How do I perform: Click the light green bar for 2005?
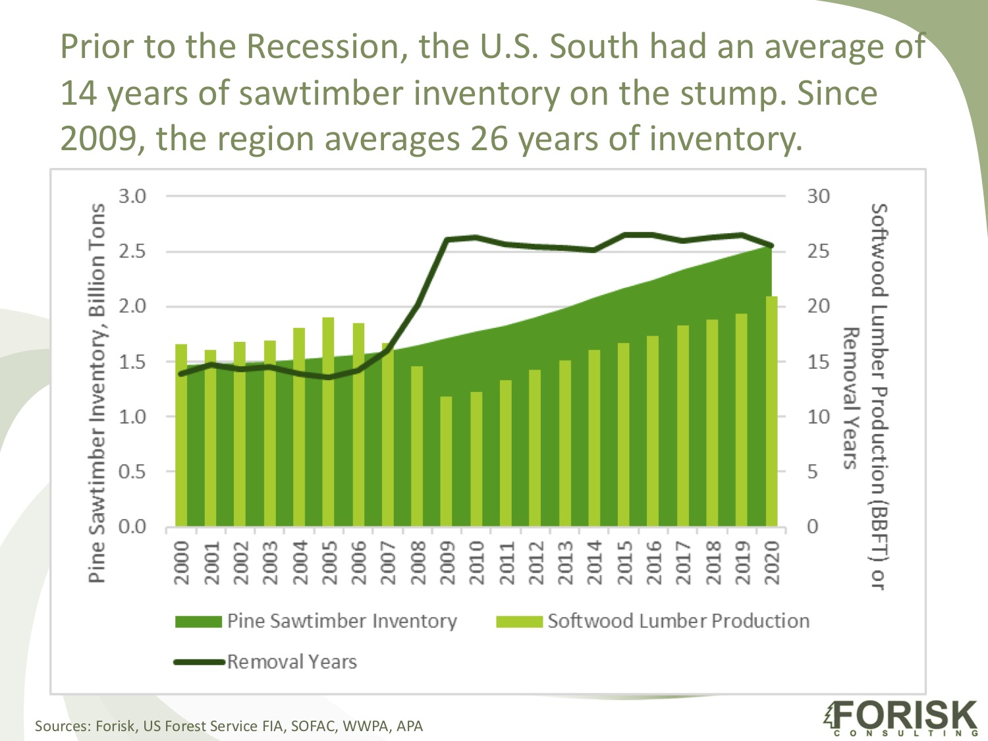pos(328,422)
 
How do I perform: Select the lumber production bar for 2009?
pos(446,461)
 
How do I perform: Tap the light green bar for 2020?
pos(771,412)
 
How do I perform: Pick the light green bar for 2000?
pos(181,435)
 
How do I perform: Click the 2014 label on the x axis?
pos(595,563)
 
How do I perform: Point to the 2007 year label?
pos(388,563)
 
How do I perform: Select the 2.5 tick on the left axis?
pos(132,252)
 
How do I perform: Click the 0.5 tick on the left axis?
pos(132,472)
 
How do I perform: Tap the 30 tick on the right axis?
pos(819,196)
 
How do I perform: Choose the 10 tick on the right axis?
pos(819,416)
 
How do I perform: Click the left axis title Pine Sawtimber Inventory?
pos(97,393)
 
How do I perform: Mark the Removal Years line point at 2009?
pos(447,240)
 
